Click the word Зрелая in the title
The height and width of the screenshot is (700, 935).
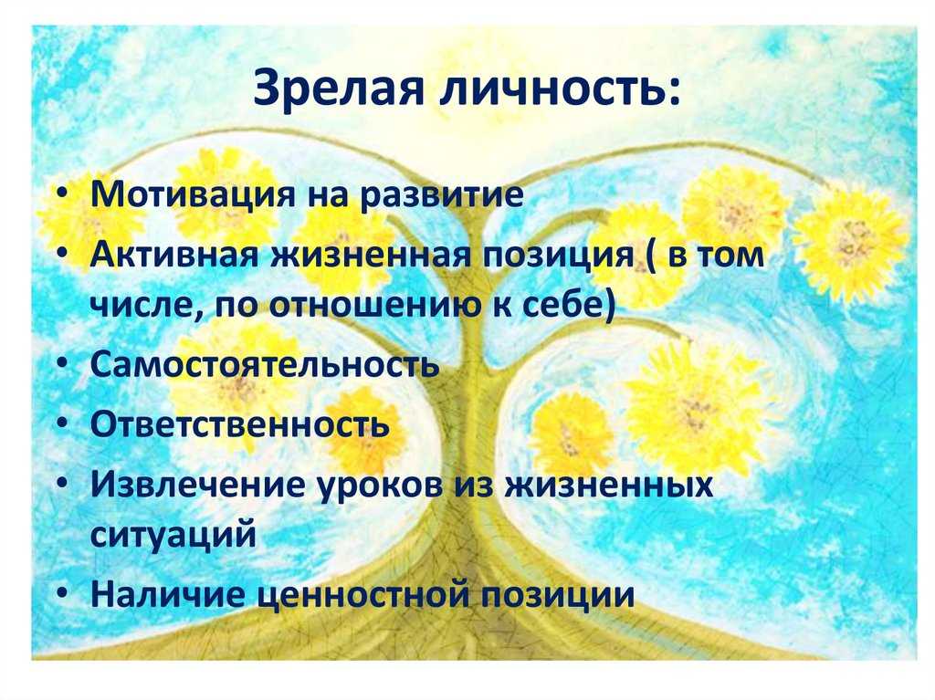pos(338,89)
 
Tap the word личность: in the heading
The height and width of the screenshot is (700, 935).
pos(562,89)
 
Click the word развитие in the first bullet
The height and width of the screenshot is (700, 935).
pos(443,195)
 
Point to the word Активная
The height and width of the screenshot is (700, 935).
pos(174,255)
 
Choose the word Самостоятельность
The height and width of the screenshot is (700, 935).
pos(265,364)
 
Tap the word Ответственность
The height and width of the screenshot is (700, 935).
pos(240,424)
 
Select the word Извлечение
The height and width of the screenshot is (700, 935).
pos(197,485)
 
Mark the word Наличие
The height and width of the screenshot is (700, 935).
pos(168,594)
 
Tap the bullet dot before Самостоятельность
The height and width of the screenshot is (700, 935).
pos(64,365)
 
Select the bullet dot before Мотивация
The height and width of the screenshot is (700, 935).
pos(64,194)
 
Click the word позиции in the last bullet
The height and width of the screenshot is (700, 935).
pos(558,595)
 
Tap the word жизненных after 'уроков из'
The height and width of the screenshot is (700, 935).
pos(607,485)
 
